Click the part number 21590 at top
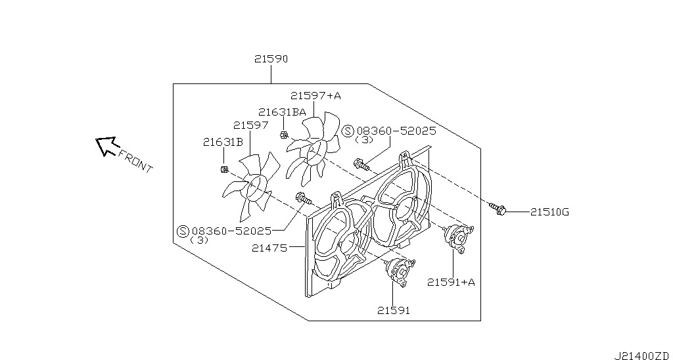click(x=271, y=59)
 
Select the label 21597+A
click(x=315, y=96)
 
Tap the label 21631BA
click(x=282, y=112)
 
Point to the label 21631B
click(x=223, y=142)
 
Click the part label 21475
click(x=269, y=248)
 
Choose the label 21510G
click(x=549, y=212)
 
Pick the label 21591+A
click(x=451, y=282)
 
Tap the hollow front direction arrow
click(x=106, y=146)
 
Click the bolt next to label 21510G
click(x=498, y=209)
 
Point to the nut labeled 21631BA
click(x=283, y=135)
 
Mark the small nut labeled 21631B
click(x=223, y=169)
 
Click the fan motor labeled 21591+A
click(x=457, y=236)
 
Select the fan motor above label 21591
click(x=398, y=270)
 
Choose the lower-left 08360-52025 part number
click(x=231, y=231)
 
